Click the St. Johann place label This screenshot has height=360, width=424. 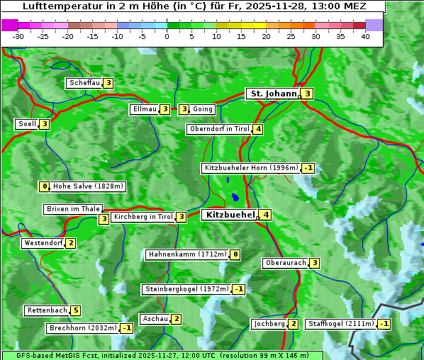[273, 94]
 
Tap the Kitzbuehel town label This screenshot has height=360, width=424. [229, 215]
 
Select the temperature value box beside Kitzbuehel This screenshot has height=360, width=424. [265, 215]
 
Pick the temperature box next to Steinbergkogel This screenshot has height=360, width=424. [239, 289]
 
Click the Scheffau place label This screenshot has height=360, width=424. [84, 83]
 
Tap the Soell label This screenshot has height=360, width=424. [27, 124]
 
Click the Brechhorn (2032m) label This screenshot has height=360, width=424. [83, 328]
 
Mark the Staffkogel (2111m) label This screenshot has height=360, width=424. [340, 324]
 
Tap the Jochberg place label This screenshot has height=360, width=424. [269, 324]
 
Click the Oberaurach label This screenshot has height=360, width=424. [285, 263]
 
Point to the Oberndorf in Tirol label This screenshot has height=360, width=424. [219, 129]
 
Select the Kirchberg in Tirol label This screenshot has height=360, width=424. [143, 217]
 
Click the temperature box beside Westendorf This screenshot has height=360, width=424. [70, 243]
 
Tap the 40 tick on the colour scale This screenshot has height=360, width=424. [365, 36]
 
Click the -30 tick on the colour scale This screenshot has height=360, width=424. [18, 36]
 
